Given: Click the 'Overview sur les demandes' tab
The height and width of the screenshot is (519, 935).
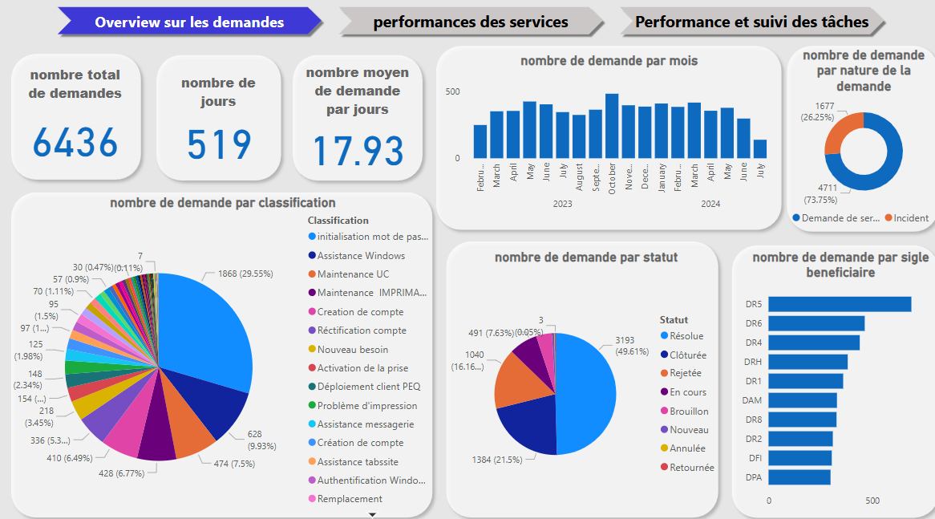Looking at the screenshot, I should (x=189, y=22).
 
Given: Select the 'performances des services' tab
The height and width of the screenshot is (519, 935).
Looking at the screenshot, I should (x=471, y=22).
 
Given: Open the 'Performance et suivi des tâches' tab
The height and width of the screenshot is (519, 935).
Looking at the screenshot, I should (x=751, y=22).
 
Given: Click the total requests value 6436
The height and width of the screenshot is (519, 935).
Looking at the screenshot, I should (x=75, y=143).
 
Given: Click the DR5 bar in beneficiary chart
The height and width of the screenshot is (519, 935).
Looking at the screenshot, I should (x=840, y=304).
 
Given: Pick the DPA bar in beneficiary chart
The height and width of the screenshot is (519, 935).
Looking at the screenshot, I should (x=799, y=477).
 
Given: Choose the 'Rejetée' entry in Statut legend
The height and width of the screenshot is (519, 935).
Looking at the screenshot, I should (x=685, y=374).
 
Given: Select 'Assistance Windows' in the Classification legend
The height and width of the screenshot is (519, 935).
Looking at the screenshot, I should (x=361, y=256).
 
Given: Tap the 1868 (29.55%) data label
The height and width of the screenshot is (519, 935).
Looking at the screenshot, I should (x=245, y=274).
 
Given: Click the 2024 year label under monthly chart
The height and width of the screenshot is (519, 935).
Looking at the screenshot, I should (x=710, y=204).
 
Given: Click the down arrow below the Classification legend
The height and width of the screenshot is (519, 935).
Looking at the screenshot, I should (x=372, y=513).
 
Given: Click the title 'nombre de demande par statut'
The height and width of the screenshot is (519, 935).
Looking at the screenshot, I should (x=586, y=257).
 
